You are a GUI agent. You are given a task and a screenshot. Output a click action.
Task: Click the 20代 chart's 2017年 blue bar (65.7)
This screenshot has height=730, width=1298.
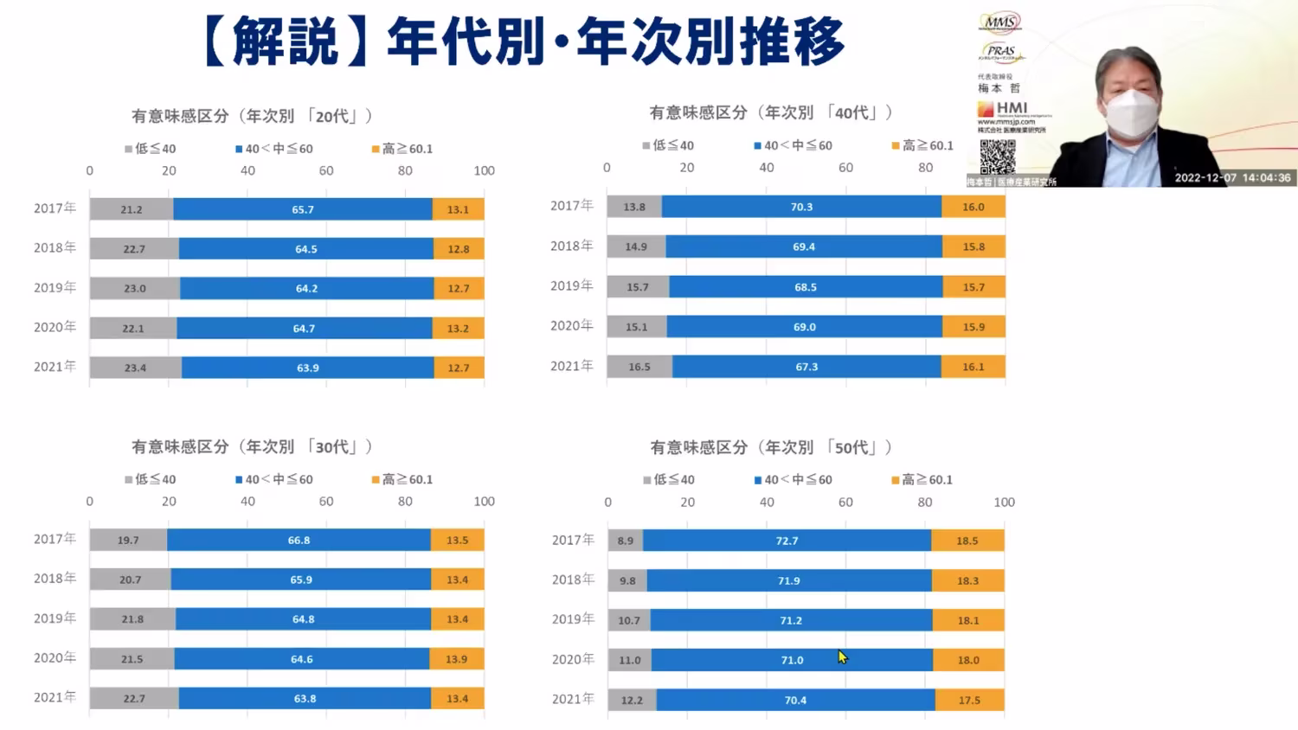(303, 209)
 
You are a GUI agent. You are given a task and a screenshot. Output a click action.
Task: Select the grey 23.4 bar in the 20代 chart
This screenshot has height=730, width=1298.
(135, 368)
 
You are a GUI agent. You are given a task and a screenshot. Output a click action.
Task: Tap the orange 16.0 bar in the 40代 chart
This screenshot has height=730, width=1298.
(973, 207)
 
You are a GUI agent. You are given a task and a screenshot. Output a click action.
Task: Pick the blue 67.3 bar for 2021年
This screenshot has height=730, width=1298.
(806, 367)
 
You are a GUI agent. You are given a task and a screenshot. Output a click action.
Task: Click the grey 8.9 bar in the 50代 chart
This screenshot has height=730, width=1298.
(625, 541)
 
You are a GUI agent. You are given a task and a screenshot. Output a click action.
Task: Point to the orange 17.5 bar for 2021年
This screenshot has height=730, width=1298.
(969, 700)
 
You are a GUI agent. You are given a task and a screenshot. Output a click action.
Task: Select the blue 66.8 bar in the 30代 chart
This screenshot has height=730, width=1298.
(299, 540)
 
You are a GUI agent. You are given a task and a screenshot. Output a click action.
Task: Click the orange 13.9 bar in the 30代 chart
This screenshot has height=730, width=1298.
(456, 659)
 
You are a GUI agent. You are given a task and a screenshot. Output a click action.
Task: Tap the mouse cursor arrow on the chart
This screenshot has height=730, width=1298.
(842, 657)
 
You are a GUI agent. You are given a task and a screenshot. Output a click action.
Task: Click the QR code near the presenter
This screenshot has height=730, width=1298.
(997, 157)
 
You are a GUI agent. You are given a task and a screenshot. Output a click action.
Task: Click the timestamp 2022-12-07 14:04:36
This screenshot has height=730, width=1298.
(1232, 178)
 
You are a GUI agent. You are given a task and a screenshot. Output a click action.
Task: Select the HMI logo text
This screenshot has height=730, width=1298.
(1011, 108)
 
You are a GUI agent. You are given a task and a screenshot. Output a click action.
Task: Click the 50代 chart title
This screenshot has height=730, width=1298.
(771, 447)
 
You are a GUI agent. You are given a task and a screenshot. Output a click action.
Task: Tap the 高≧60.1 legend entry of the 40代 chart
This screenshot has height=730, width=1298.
(922, 145)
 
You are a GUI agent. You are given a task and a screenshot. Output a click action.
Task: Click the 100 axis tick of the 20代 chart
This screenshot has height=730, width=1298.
(484, 171)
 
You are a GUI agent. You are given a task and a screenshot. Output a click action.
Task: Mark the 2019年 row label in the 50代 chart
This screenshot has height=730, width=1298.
(573, 619)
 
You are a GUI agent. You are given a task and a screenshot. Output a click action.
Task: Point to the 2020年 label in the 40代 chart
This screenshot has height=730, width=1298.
(571, 326)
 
